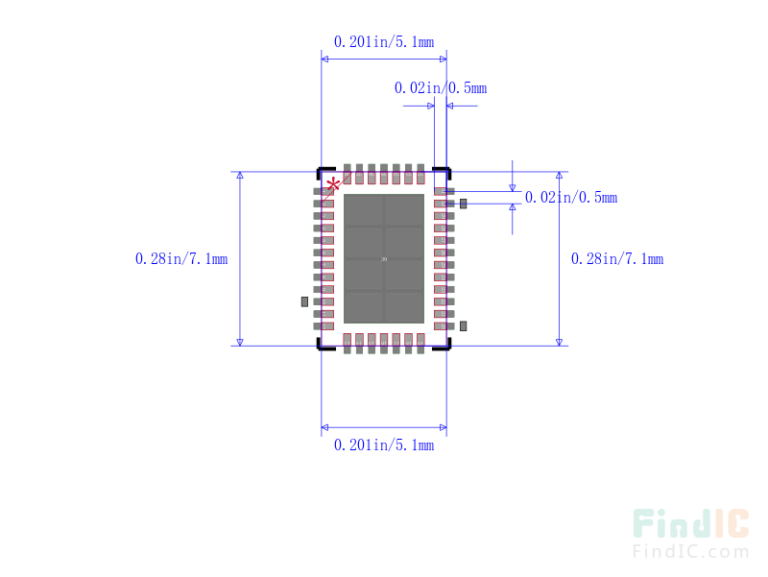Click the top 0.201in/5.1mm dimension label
pyautogui.click(x=383, y=42)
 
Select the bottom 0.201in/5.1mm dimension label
pyautogui.click(x=383, y=445)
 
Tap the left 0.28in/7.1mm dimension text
pyautogui.click(x=181, y=259)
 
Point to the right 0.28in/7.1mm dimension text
pyautogui.click(x=616, y=259)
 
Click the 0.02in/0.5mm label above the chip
pyautogui.click(x=440, y=88)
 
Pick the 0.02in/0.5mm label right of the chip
pyautogui.click(x=570, y=198)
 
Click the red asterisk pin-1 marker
pyautogui.click(x=333, y=184)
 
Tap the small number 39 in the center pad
pyautogui.click(x=384, y=259)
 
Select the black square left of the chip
pyautogui.click(x=304, y=301)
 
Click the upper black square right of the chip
pyautogui.click(x=464, y=204)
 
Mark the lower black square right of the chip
pyautogui.click(x=464, y=326)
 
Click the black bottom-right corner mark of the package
pyautogui.click(x=443, y=346)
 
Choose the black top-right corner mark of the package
pyautogui.click(x=443, y=173)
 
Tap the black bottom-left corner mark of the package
pyautogui.click(x=325, y=346)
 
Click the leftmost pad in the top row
pyautogui.click(x=348, y=174)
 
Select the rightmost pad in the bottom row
pyautogui.click(x=420, y=343)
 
